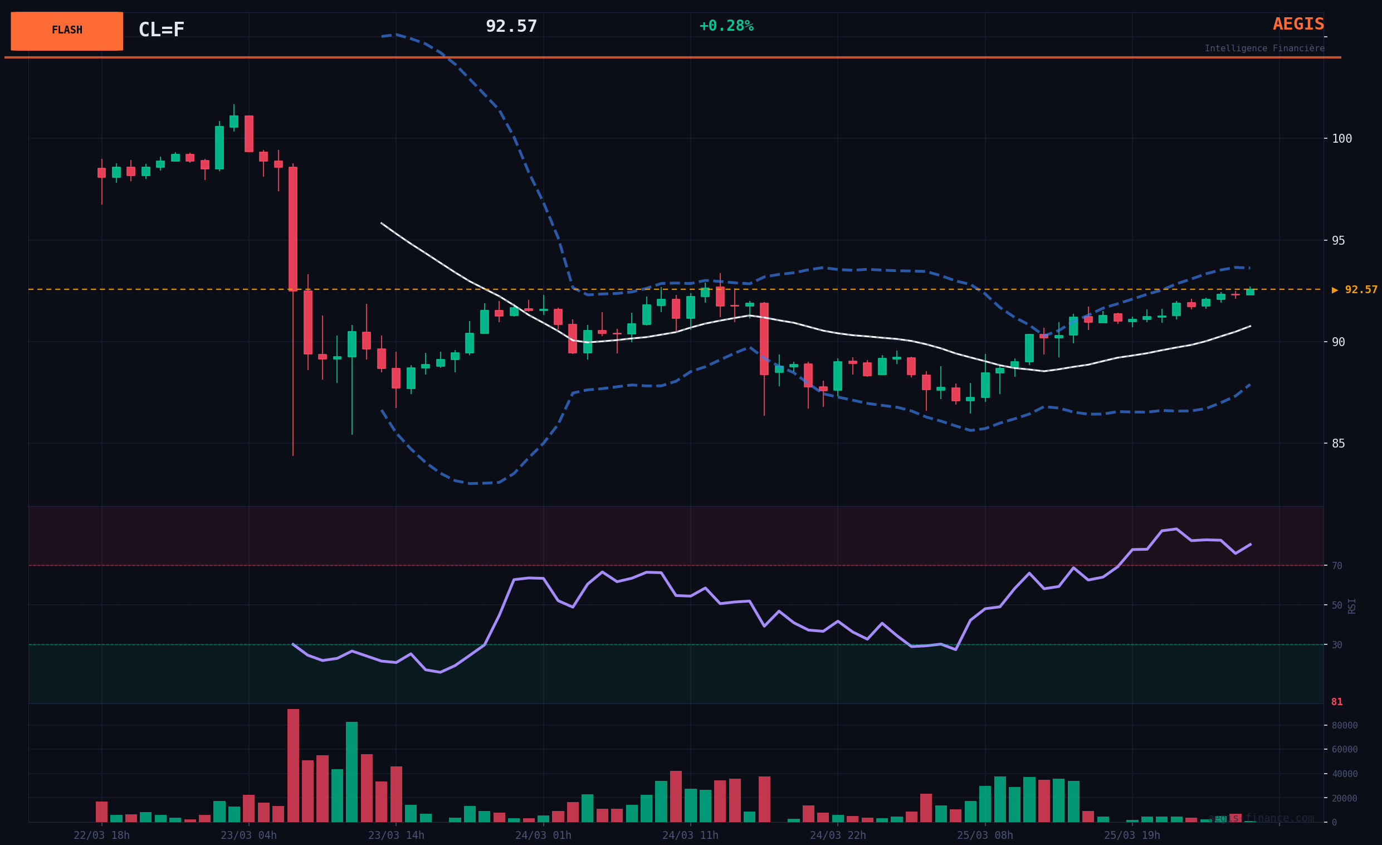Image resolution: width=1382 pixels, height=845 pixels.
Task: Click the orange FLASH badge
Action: (67, 31)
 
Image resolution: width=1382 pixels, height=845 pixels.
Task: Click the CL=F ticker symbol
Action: (162, 30)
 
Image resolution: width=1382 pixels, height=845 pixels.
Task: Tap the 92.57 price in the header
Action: (511, 26)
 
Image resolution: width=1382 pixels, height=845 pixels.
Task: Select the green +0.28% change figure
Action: (726, 26)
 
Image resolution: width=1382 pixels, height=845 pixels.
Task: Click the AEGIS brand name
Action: (1298, 24)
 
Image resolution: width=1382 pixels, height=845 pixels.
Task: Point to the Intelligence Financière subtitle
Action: (1264, 48)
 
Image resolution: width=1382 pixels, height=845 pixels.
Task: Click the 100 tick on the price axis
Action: (1342, 139)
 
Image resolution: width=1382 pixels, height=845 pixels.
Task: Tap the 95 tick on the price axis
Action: (1338, 240)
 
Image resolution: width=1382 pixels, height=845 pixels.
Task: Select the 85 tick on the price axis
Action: (1338, 443)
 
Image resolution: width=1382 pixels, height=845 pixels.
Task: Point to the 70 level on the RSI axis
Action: (1337, 566)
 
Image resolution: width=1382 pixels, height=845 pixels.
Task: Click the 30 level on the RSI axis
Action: (1337, 645)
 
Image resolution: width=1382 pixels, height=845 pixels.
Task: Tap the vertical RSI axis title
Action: (1352, 606)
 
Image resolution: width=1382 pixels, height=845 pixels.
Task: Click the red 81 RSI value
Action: (1337, 702)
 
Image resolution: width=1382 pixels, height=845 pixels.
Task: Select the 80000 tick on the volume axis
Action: (1345, 726)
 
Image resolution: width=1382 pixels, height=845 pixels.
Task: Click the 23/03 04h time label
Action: (248, 836)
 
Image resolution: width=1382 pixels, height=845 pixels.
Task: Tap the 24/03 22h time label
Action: (837, 836)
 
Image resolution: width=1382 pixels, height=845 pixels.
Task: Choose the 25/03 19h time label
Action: (1132, 836)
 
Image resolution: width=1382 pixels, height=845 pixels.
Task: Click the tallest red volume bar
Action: (293, 765)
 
